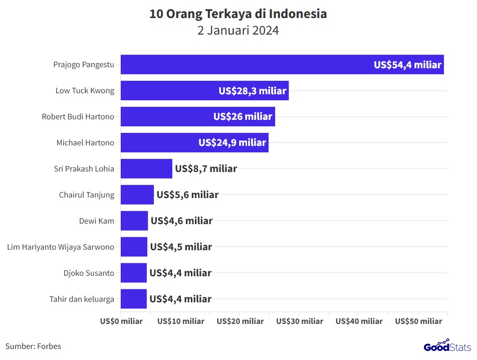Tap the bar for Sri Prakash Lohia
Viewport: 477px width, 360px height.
tap(146, 169)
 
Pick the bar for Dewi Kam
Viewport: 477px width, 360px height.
tap(134, 221)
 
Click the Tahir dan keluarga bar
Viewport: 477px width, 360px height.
tap(134, 299)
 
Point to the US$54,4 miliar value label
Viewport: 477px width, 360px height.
tap(407, 65)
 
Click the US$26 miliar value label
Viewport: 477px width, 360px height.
tap(243, 117)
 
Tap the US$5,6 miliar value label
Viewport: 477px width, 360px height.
tap(187, 195)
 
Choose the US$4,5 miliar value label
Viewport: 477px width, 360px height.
tap(181, 247)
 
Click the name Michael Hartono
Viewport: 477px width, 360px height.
tap(85, 143)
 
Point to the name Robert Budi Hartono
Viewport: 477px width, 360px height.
tap(78, 117)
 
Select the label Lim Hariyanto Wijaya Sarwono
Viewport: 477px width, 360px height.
tap(61, 247)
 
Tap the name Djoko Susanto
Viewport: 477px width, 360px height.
tap(89, 273)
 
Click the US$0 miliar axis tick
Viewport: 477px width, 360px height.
tap(121, 321)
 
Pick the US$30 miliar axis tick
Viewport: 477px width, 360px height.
tap(300, 321)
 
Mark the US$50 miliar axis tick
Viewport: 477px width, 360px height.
tap(418, 321)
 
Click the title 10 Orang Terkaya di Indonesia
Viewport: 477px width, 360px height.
tap(238, 14)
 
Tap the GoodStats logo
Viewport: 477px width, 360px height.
tap(447, 346)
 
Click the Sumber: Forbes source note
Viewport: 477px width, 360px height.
tap(33, 346)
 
